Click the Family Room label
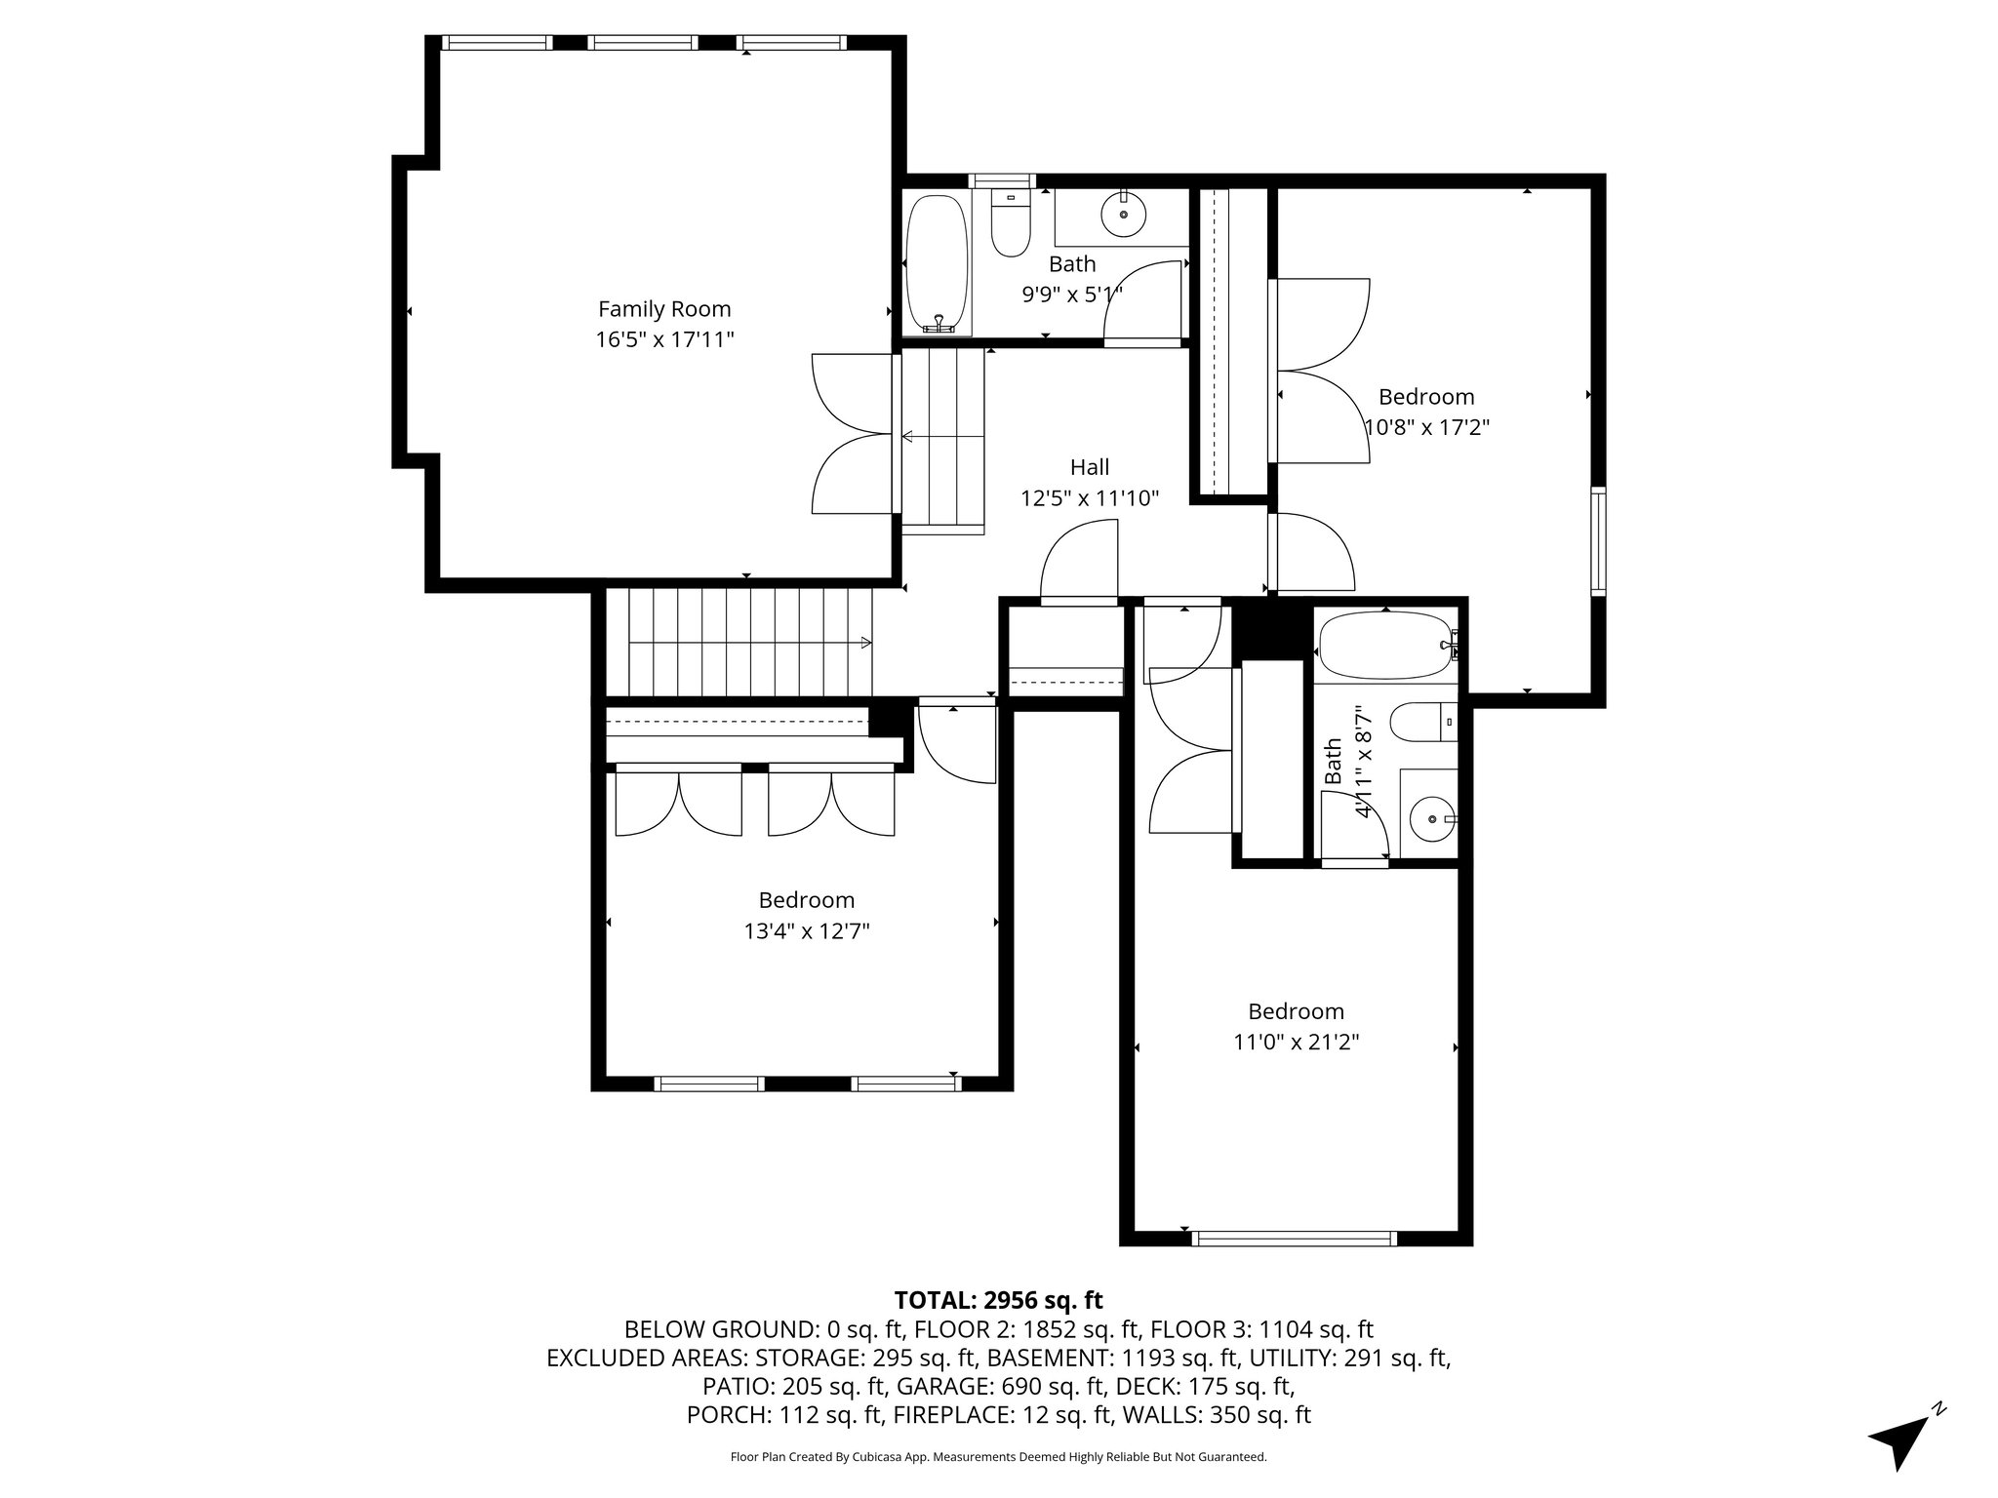[x=664, y=309]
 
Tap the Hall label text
[x=1090, y=467]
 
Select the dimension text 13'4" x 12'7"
[x=807, y=931]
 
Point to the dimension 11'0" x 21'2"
[x=1297, y=1043]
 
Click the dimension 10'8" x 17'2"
[x=1426, y=427]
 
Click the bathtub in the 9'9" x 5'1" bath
[x=938, y=264]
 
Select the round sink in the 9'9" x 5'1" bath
[x=1124, y=214]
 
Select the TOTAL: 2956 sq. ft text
[x=998, y=1300]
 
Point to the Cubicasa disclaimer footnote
[x=998, y=1457]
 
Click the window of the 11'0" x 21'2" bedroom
[x=1295, y=1239]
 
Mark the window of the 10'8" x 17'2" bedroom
[x=1598, y=541]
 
